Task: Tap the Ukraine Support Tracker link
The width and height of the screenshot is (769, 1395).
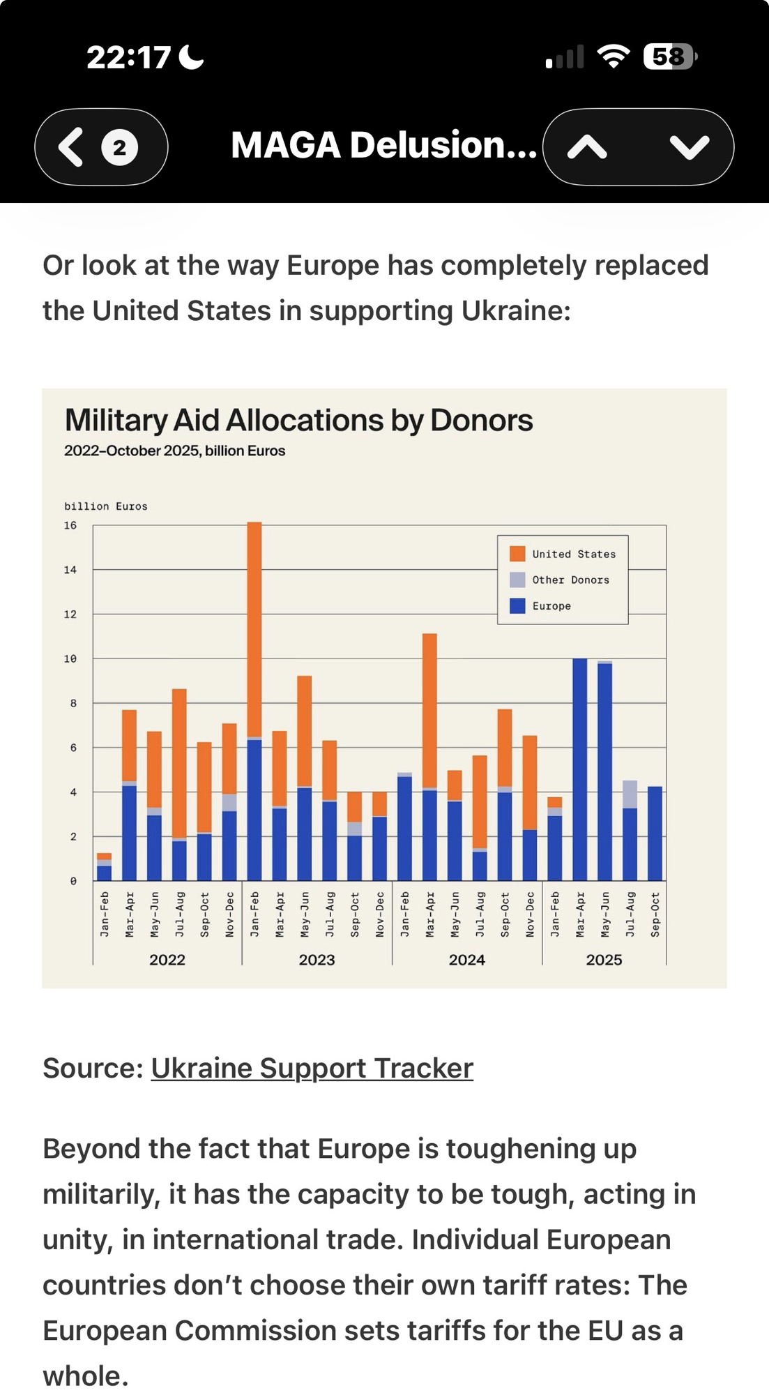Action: [x=312, y=1068]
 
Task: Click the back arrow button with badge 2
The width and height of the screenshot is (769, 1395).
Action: [x=101, y=147]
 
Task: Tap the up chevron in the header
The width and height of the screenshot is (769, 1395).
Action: [x=587, y=147]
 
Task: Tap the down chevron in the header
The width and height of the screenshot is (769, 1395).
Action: [x=689, y=147]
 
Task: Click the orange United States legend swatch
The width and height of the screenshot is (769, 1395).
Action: [x=517, y=554]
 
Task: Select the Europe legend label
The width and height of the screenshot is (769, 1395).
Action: [x=551, y=606]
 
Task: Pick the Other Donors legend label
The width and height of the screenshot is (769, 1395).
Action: [x=570, y=580]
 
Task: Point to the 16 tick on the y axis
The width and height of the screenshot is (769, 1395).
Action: [x=70, y=525]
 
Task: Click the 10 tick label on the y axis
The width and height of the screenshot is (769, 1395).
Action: [x=70, y=658]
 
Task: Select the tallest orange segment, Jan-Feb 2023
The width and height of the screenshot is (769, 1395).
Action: [x=254, y=628]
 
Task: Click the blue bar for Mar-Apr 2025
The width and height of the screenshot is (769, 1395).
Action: [x=579, y=767]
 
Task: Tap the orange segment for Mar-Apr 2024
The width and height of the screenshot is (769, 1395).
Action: [x=429, y=710]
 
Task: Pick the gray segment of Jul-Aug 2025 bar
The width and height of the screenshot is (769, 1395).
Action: [x=630, y=794]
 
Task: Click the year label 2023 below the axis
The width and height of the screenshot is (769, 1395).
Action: [x=317, y=960]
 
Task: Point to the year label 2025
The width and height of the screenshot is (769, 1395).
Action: [x=604, y=960]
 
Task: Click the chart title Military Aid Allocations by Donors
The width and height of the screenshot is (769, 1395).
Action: [x=298, y=421]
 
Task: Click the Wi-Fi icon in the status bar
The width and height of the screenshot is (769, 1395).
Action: [x=614, y=56]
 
